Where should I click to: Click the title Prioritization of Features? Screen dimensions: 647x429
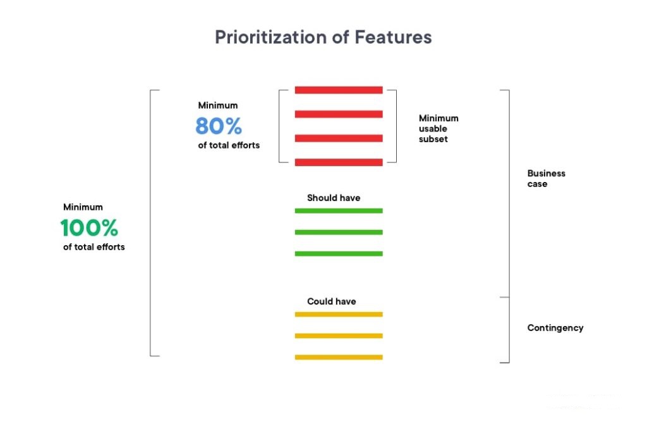pyautogui.click(x=323, y=37)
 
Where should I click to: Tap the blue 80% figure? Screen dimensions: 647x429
pyautogui.click(x=218, y=126)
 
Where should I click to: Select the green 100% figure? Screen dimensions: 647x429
pyautogui.click(x=89, y=227)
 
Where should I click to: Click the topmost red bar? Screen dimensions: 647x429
pyautogui.click(x=339, y=90)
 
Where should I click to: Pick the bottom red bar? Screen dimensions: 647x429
pyautogui.click(x=339, y=162)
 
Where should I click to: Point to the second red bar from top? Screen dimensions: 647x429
pyautogui.click(x=339, y=114)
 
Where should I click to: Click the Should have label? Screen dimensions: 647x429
pyautogui.click(x=334, y=198)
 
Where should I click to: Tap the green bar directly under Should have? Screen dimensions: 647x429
pyautogui.click(x=339, y=211)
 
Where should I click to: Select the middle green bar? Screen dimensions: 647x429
pyautogui.click(x=339, y=233)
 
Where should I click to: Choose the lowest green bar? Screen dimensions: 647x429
pyautogui.click(x=339, y=254)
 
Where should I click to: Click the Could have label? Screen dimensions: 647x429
pyautogui.click(x=331, y=301)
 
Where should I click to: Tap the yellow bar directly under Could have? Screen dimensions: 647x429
pyautogui.click(x=339, y=314)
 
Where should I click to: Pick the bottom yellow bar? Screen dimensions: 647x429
pyautogui.click(x=339, y=357)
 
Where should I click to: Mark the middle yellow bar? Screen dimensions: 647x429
pyautogui.click(x=339, y=335)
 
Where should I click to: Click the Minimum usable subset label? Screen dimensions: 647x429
pyautogui.click(x=438, y=129)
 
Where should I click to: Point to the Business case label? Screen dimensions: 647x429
pyautogui.click(x=547, y=179)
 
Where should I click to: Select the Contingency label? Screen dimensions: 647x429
pyautogui.click(x=555, y=328)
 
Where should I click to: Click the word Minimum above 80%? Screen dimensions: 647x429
pyautogui.click(x=218, y=106)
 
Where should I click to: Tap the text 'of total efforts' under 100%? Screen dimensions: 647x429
pyautogui.click(x=94, y=247)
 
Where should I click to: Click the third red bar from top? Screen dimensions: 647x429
pyautogui.click(x=339, y=138)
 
